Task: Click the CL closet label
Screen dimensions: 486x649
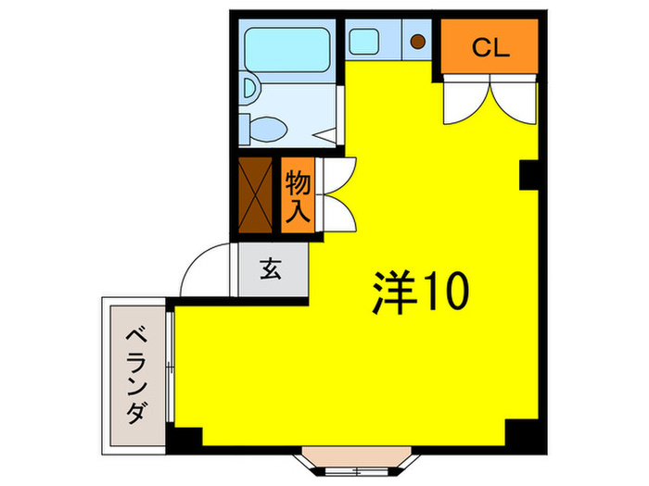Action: pos(490,48)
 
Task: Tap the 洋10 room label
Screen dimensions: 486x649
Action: pos(421,293)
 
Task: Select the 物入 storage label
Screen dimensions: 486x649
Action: pos(297,194)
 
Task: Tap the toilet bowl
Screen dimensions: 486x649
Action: pos(270,127)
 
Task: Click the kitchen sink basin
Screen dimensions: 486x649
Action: pos(362,42)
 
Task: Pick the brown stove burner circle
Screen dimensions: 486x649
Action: pos(417,42)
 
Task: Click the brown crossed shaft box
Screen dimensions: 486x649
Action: pos(256,195)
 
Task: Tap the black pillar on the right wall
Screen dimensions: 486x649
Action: pos(529,175)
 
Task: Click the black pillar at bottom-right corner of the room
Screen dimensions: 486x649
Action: pos(519,432)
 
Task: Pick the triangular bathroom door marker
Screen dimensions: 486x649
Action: pos(325,136)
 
